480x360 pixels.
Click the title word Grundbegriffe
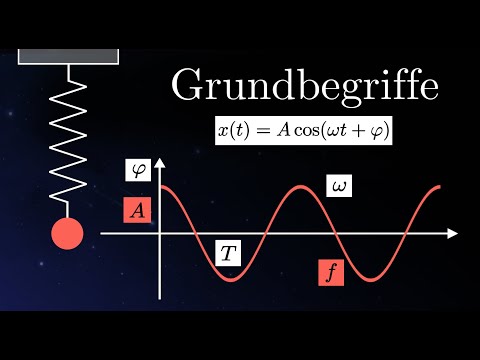pos(305,87)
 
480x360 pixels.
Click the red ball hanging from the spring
pos(68,234)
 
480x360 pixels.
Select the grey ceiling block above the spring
pos(68,55)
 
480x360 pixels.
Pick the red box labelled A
pos(137,210)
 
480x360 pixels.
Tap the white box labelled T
pos(229,254)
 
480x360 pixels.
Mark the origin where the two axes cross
pos(160,233)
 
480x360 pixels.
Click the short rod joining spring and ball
pos(68,208)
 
